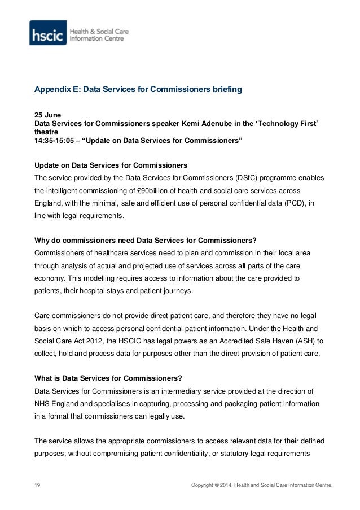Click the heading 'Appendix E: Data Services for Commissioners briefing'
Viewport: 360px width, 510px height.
point(138,90)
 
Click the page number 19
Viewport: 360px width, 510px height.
point(38,485)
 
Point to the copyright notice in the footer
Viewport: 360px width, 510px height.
point(262,485)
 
